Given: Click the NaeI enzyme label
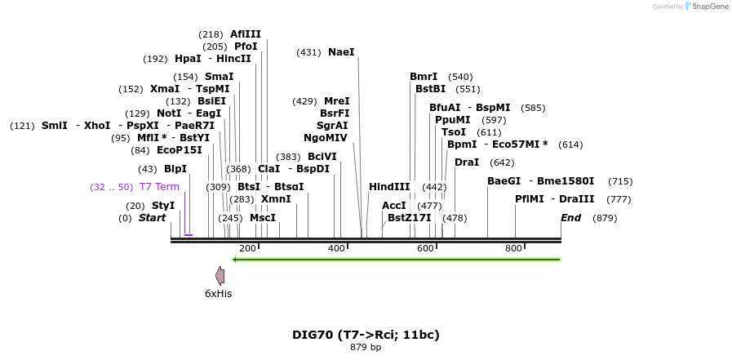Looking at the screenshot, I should click(341, 52).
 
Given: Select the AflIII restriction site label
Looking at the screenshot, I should click(246, 34).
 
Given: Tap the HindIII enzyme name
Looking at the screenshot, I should click(389, 187).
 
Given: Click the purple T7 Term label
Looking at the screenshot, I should click(159, 187).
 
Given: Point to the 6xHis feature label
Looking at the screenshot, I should click(219, 293).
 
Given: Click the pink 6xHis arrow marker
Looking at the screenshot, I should click(220, 275).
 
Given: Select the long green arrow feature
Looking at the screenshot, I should click(397, 260).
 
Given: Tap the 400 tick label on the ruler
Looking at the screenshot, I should click(336, 247).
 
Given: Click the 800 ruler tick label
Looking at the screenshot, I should click(513, 247).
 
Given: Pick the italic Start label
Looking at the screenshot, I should click(152, 218).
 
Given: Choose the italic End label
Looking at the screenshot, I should click(570, 218).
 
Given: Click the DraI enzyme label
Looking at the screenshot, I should click(467, 162).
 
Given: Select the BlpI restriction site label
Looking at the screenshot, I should click(175, 169).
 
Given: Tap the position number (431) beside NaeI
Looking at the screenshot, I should click(308, 52).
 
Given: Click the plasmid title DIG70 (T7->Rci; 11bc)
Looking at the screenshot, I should click(366, 335).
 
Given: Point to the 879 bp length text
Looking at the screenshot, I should click(366, 348).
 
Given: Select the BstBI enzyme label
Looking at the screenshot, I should click(430, 89).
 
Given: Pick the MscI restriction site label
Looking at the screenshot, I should click(263, 218).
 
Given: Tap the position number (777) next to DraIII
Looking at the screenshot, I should click(619, 199).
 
